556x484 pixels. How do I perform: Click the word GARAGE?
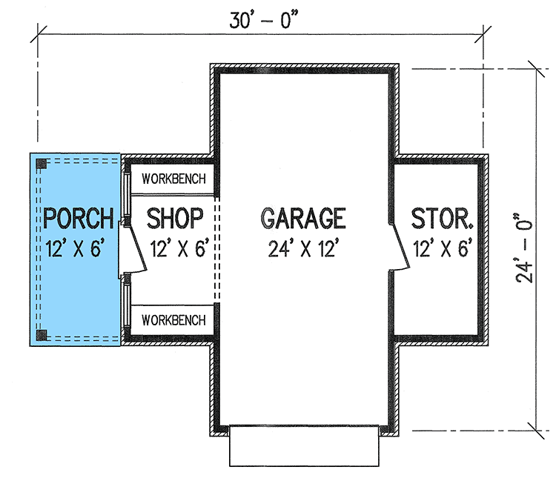click(x=303, y=218)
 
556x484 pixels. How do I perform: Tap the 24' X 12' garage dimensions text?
click(x=303, y=248)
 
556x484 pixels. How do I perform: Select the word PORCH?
click(x=79, y=219)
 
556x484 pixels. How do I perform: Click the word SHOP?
click(x=175, y=219)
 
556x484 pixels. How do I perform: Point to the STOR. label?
click(x=443, y=219)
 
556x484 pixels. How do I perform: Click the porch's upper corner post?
click(x=43, y=164)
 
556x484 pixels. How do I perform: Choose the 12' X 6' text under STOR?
click(x=443, y=248)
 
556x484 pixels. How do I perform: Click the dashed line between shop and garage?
click(x=216, y=248)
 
